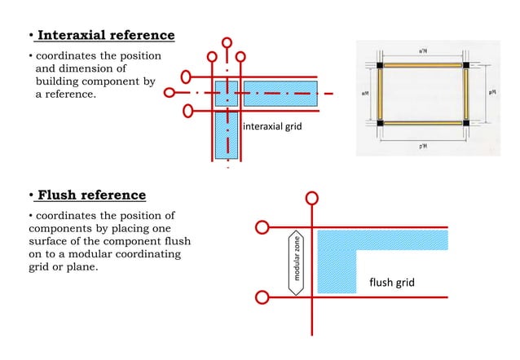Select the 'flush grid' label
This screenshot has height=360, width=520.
392,283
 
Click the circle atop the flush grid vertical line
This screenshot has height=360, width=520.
312,198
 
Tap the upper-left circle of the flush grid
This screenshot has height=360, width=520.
261,227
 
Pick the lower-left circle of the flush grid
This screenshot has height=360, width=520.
261,296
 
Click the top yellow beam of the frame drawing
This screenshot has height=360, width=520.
425,65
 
